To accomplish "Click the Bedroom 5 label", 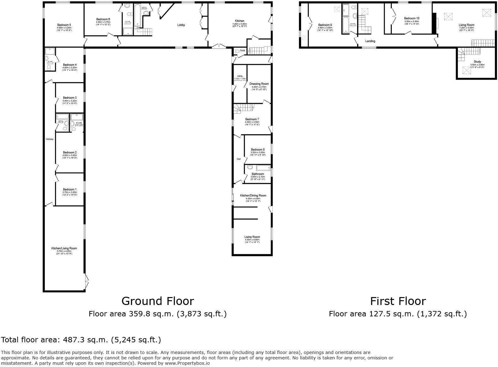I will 64,25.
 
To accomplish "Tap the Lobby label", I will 181,25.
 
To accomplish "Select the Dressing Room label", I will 259,84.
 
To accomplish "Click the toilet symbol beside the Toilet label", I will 237,51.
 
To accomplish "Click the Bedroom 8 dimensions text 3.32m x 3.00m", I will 258,152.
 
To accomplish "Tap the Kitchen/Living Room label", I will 64,248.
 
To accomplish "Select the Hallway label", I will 50,139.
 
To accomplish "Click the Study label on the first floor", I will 477,62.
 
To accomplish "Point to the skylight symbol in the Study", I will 466,70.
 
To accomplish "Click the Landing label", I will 370,41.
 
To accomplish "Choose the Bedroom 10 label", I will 411,18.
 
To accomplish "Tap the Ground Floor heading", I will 158,301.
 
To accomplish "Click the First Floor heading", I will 398,301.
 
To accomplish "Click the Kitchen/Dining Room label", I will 253,196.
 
